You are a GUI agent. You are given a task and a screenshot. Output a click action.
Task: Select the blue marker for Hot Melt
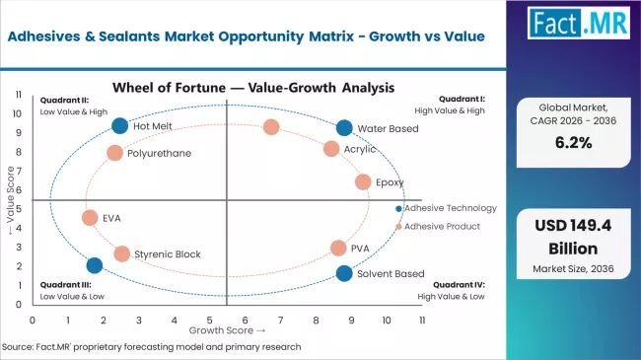tap(120, 125)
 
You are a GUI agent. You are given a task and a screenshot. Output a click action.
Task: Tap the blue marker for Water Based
tap(343, 128)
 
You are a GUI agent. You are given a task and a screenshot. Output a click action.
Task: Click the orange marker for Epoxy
tap(363, 182)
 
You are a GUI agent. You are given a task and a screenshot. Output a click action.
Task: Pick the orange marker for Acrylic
tap(331, 149)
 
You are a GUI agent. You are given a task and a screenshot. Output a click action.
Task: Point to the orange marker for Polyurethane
tap(114, 153)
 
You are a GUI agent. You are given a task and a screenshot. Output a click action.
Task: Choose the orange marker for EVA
tap(90, 218)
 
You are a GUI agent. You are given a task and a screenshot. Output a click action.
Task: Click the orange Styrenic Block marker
tap(121, 253)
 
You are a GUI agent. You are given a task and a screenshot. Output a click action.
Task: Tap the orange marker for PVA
tap(338, 249)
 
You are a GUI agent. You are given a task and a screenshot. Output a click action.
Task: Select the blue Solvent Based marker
tap(343, 273)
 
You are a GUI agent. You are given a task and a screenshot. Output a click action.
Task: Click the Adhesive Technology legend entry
tap(450, 208)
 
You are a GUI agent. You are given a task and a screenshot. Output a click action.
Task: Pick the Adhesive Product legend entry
tap(442, 226)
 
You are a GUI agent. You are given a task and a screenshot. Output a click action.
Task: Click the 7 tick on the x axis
tap(281, 321)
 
